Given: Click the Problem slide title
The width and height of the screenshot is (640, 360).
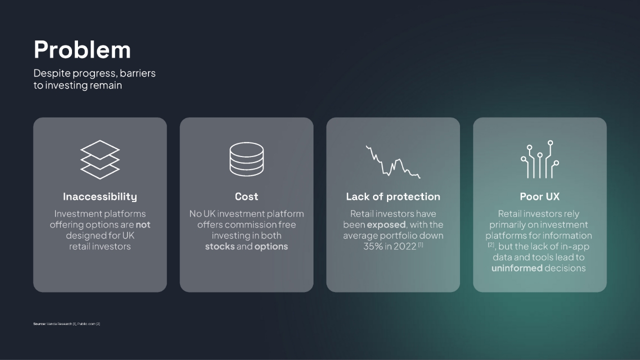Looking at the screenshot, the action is pos(82,49).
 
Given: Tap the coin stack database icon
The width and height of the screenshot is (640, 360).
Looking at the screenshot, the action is pos(246,159).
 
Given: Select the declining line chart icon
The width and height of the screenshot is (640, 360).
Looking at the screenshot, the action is pos(393,161).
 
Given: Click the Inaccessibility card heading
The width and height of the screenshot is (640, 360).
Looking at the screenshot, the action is pos(100,196).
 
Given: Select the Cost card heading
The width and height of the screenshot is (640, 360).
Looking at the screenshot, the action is pos(246,196).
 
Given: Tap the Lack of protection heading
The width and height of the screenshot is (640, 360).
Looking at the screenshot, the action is pos(393,196).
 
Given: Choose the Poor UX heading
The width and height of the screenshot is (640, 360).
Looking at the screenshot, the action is pos(539,196).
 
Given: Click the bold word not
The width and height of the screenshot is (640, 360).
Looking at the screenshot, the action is pos(143,225).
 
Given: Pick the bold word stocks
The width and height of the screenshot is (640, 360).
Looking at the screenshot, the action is pos(219,246).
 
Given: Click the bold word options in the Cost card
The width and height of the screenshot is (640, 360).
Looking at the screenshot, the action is pos(271,246).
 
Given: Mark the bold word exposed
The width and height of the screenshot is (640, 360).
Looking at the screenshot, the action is pos(386,225).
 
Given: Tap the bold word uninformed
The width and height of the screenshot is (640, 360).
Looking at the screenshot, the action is pos(517,268).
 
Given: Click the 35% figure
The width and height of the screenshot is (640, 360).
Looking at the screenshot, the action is pos(373,246).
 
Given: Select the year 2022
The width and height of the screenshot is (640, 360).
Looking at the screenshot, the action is pos(405,246).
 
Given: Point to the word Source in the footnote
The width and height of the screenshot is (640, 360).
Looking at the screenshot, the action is pos(39,323).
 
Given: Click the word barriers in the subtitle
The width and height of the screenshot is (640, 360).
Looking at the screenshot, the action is pos(137,73).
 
